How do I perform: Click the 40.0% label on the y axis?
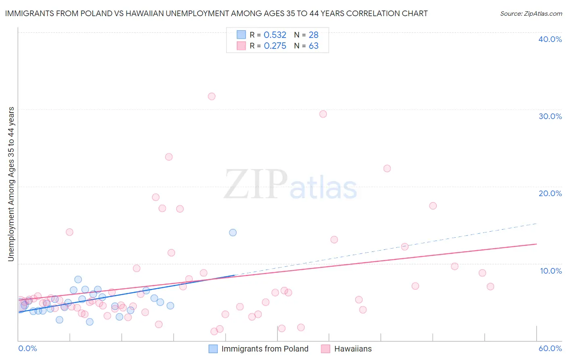[x=550, y=39]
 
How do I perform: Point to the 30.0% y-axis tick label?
[x=550, y=116]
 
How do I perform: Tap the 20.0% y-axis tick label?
[x=550, y=193]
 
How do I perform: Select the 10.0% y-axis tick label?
[x=551, y=271]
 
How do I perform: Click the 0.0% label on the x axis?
[x=27, y=348]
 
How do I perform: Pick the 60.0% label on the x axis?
[x=550, y=348]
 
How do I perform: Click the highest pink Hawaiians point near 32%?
[x=212, y=96]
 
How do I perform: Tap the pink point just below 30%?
[x=323, y=114]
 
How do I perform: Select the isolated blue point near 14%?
[x=233, y=232]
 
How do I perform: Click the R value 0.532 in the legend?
[x=275, y=35]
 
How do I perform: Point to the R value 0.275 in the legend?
[x=275, y=46]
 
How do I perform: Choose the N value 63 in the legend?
[x=313, y=46]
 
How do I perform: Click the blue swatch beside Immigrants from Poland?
[x=213, y=349]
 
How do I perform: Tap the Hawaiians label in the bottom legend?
[x=353, y=349]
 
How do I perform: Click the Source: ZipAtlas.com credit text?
[x=531, y=14]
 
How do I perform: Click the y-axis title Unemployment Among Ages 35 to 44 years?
[x=11, y=184]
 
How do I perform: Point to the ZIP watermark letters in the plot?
[x=256, y=184]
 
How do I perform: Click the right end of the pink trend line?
[x=536, y=244]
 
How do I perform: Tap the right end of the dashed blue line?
[x=536, y=224]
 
